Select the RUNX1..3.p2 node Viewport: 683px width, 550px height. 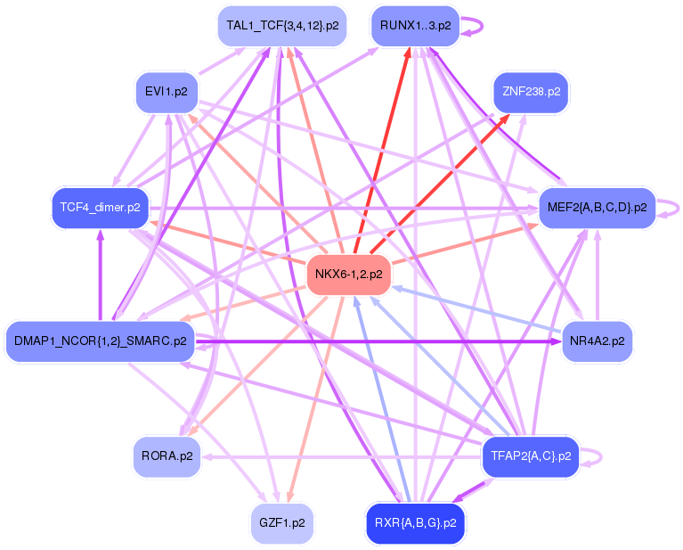click(x=415, y=27)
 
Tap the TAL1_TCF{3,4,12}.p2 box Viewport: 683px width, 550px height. click(x=281, y=27)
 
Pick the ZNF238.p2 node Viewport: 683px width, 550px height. click(x=531, y=92)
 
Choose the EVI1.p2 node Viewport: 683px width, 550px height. click(x=166, y=91)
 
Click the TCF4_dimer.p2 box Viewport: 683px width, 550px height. click(x=100, y=208)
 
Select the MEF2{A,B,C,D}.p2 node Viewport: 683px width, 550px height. click(x=596, y=208)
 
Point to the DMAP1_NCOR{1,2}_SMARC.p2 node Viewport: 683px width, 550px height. click(x=101, y=341)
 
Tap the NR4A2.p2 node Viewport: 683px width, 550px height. click(x=598, y=341)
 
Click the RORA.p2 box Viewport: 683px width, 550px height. click(x=166, y=456)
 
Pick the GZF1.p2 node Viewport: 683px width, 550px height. click(x=281, y=523)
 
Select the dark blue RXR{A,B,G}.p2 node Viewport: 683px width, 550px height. click(x=415, y=523)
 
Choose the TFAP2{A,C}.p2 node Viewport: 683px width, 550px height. click(x=530, y=456)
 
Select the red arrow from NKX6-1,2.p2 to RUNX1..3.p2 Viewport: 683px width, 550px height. click(x=383, y=152)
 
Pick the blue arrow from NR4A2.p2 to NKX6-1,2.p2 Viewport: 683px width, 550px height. click(x=481, y=311)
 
